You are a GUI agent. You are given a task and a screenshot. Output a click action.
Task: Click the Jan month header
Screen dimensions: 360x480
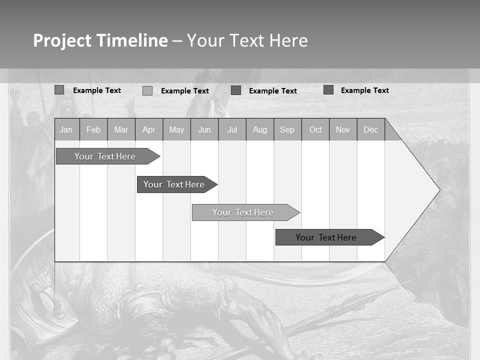tap(66, 129)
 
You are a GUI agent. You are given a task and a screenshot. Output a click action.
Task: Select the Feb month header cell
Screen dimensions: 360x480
tap(93, 129)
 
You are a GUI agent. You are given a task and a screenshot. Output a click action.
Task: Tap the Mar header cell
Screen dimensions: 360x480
tap(121, 129)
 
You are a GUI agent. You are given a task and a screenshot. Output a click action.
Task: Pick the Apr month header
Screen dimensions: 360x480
tap(149, 129)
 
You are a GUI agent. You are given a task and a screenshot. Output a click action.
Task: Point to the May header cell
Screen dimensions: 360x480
tap(176, 129)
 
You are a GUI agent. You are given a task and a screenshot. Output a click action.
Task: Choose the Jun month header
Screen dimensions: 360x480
tap(204, 129)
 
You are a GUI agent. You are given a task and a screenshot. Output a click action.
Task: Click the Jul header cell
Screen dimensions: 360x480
tap(232, 129)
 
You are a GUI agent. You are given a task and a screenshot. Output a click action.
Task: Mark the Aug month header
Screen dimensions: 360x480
tap(260, 129)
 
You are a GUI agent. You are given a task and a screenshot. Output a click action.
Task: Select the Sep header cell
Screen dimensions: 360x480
tap(287, 129)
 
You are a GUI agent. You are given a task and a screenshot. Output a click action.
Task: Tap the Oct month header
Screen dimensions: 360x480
tap(315, 129)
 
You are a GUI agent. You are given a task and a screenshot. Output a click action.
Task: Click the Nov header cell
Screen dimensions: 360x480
tap(343, 129)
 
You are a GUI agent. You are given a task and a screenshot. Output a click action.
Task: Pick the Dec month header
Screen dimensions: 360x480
tap(371, 129)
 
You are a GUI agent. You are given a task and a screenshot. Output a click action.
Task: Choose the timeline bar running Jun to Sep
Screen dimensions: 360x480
tap(243, 212)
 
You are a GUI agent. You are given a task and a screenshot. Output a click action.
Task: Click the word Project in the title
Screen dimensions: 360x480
tap(62, 40)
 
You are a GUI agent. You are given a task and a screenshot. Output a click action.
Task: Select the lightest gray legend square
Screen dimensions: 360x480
tap(147, 90)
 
